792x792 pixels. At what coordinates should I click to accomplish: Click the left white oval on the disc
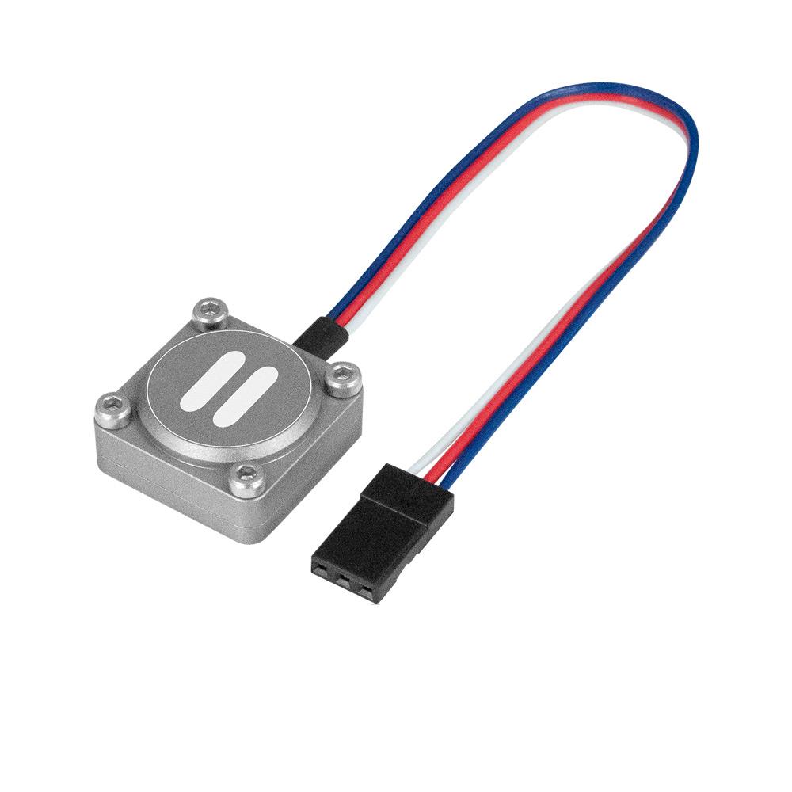pos(208,382)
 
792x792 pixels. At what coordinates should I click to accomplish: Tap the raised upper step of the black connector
pos(408,496)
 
